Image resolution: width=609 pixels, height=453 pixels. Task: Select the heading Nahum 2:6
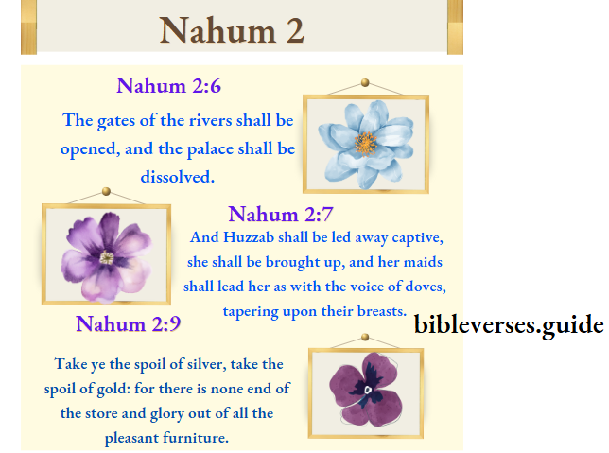(168, 86)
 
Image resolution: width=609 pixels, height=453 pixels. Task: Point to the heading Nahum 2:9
(128, 324)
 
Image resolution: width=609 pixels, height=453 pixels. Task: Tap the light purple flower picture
(106, 254)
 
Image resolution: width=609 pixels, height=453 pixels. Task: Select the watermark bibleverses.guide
(509, 325)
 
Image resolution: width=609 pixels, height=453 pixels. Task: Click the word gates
(117, 121)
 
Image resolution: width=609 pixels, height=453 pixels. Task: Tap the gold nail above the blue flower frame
(365, 84)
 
